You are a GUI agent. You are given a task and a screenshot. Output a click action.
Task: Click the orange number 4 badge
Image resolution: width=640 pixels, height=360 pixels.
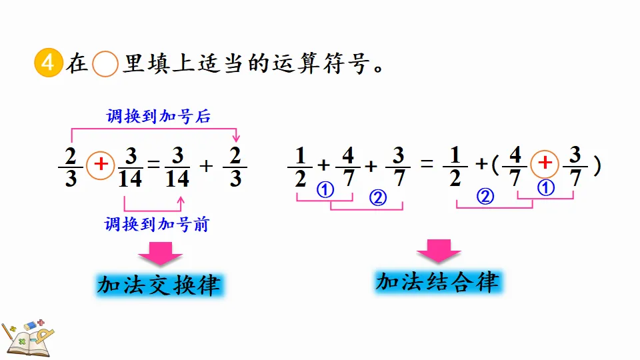(46, 65)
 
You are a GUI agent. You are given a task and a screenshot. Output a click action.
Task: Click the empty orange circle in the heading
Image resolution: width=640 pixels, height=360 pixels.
(105, 65)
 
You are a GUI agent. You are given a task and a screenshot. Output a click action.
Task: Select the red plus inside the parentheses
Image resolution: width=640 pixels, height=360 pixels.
(545, 163)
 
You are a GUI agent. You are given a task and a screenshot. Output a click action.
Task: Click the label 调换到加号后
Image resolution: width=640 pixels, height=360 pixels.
(158, 116)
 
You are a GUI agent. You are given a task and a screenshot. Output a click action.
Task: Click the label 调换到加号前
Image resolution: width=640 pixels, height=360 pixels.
(157, 225)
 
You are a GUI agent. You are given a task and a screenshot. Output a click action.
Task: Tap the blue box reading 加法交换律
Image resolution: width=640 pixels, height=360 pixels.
(158, 285)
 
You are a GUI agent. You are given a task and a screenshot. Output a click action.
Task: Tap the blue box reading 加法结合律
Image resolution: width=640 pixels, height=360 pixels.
(437, 282)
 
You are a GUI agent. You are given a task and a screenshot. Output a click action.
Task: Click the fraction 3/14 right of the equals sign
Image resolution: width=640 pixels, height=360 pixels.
(177, 167)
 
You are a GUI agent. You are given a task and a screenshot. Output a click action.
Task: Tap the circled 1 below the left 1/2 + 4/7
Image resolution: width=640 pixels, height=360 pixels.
(325, 190)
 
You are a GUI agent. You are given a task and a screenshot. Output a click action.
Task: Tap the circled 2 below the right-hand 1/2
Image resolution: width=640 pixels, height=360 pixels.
(486, 197)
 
